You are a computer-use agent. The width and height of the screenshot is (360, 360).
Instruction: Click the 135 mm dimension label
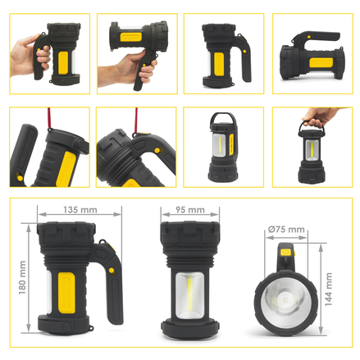(x=80, y=210)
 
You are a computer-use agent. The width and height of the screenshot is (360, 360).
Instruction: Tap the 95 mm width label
(x=190, y=210)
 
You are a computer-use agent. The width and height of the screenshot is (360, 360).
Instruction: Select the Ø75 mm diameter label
(x=286, y=230)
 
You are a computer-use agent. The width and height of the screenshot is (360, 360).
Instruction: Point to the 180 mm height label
(x=22, y=277)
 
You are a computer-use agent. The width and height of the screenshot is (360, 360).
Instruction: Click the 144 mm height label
(x=329, y=289)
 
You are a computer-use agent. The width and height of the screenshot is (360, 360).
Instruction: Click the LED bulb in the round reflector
(x=285, y=300)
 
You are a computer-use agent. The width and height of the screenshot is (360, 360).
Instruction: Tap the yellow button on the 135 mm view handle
(x=112, y=271)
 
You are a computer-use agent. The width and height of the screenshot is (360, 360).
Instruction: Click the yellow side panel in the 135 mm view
(x=66, y=292)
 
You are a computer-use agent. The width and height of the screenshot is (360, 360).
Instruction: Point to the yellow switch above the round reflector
(x=285, y=252)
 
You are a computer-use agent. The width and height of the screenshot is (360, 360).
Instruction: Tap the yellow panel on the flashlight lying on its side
(x=321, y=62)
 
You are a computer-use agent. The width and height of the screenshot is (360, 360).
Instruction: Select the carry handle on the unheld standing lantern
(x=222, y=118)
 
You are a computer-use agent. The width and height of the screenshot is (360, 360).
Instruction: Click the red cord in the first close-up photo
(x=49, y=118)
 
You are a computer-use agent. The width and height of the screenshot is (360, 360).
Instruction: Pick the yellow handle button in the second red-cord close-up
(x=157, y=150)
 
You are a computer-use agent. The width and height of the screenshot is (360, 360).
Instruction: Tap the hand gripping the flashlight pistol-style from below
(x=129, y=69)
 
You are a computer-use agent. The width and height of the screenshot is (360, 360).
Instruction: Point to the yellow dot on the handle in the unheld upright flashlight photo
(x=244, y=51)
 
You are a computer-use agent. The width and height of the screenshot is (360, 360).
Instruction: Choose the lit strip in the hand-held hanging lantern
(x=312, y=150)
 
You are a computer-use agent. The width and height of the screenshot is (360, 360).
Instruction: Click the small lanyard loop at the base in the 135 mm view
(x=90, y=327)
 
